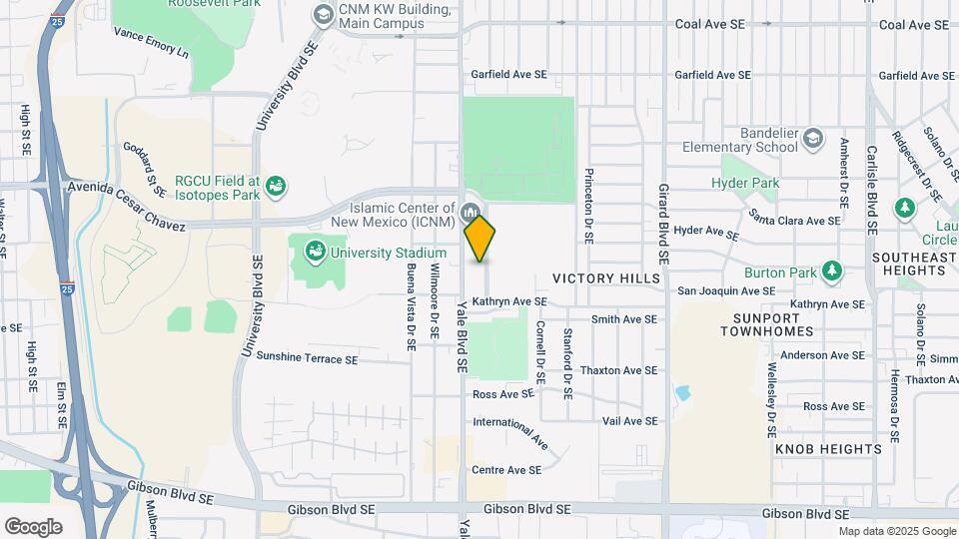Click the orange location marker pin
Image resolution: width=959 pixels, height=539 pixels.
click(480, 239)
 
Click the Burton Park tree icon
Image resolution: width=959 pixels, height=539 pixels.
click(831, 271)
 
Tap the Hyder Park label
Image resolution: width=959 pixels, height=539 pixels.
click(744, 183)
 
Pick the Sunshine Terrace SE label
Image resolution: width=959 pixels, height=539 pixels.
click(307, 356)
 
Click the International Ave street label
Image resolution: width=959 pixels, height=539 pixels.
click(511, 430)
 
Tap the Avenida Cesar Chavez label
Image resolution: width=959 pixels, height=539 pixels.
click(126, 206)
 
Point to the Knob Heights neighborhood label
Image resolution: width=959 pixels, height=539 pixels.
click(829, 449)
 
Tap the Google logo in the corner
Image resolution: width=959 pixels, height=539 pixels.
click(33, 526)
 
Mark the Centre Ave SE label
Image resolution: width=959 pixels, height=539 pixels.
click(506, 469)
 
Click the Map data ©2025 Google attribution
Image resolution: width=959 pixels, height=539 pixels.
click(896, 531)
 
